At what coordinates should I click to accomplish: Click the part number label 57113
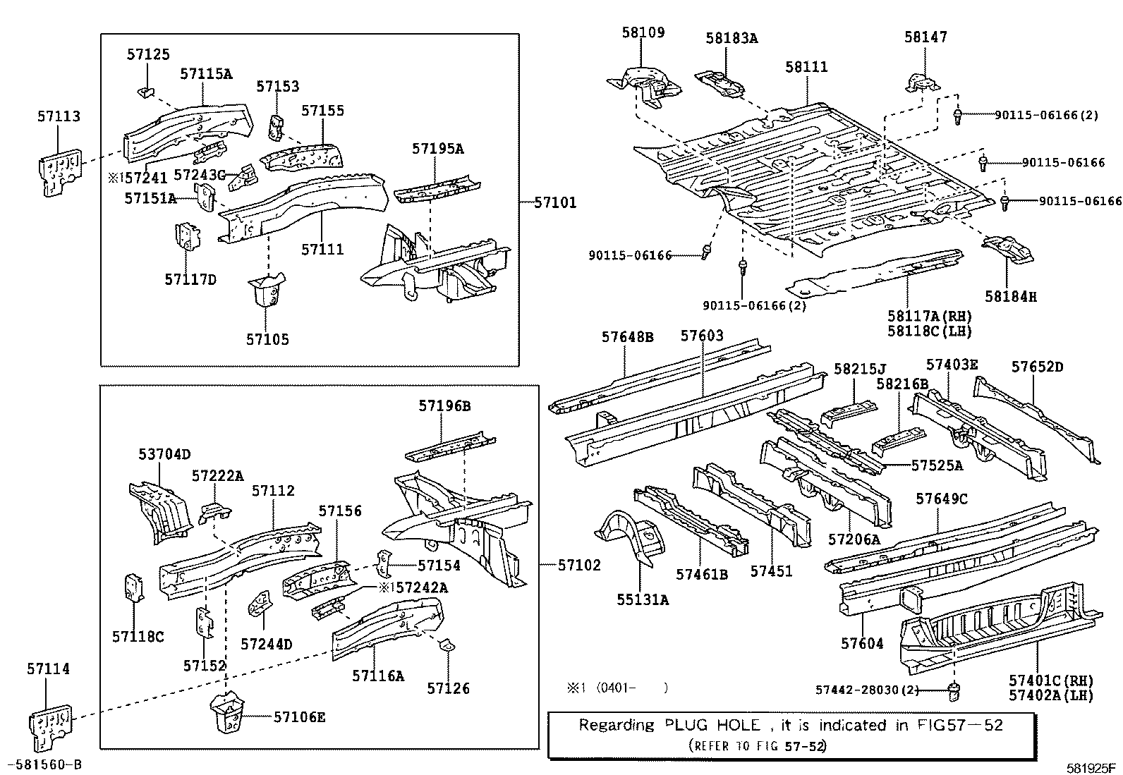[59, 116]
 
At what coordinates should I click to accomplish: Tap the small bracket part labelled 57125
[145, 93]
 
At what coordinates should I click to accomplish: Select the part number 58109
[643, 32]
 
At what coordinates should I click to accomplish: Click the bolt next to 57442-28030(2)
[954, 692]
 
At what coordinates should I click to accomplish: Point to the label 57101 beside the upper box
[555, 202]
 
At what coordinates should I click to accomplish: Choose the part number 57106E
[299, 717]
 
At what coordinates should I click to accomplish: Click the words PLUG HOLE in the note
[712, 725]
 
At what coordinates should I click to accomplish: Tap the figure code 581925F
[1091, 768]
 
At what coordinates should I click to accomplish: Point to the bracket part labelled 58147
[922, 83]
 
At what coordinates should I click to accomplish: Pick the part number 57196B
[444, 406]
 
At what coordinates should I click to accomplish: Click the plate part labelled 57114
[49, 726]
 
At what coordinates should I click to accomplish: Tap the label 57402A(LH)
[1051, 695]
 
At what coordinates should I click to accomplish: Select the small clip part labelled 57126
[447, 645]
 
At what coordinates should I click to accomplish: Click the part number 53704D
[164, 455]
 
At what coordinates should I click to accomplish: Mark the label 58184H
[1011, 297]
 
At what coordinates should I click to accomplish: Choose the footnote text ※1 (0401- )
[617, 688]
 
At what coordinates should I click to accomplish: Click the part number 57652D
[1037, 367]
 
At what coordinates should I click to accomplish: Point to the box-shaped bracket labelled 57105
[267, 289]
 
